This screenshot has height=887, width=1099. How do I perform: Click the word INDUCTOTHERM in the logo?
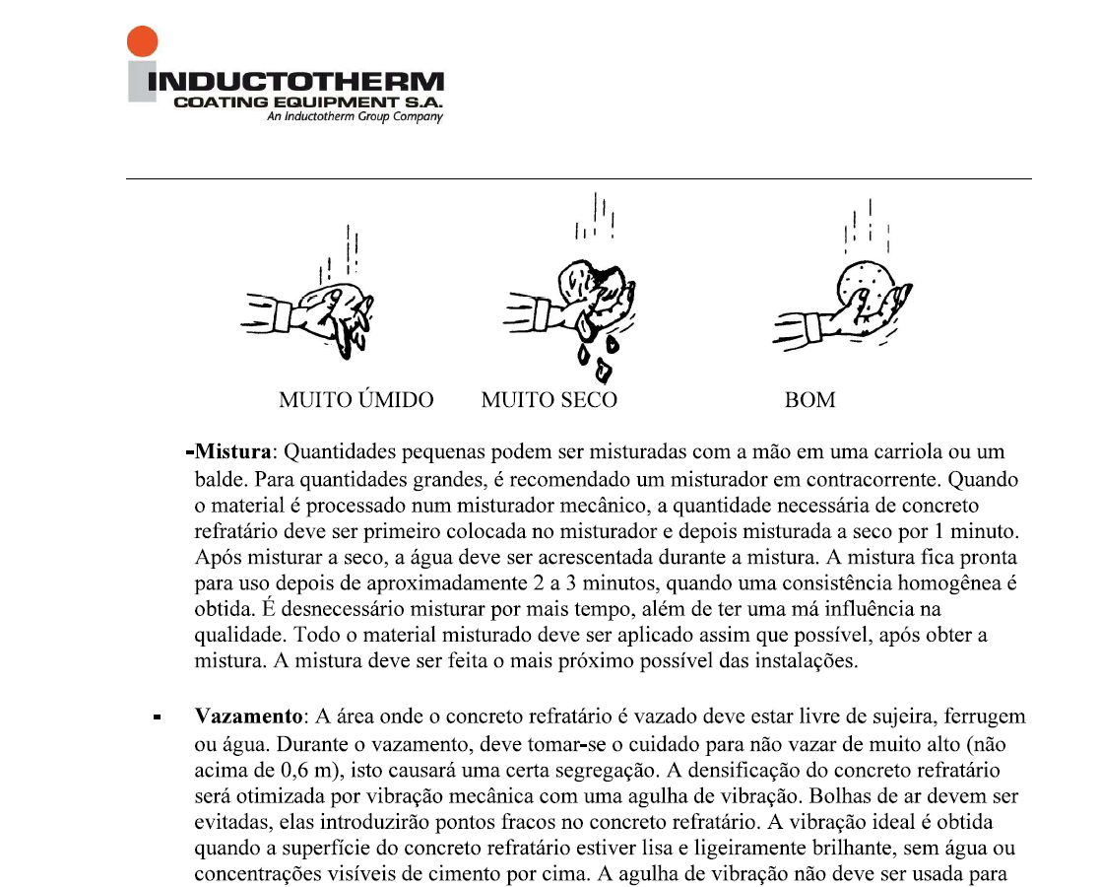click(x=295, y=82)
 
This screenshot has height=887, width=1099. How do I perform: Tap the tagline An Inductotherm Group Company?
click(x=355, y=117)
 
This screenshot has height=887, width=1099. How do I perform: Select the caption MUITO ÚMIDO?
click(x=356, y=400)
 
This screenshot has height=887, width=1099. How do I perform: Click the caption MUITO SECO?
click(x=549, y=400)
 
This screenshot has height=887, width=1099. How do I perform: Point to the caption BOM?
click(x=809, y=400)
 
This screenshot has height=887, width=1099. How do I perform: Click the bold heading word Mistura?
click(x=231, y=453)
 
